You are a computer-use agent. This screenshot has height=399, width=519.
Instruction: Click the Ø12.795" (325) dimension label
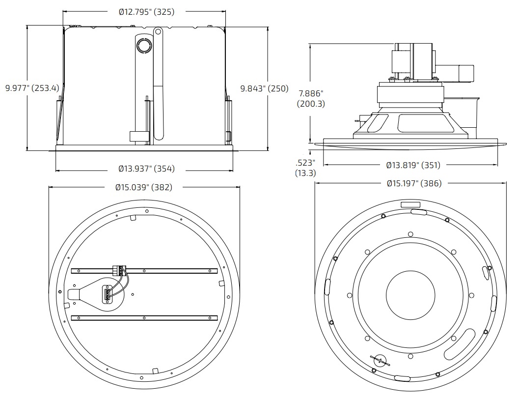tap(146, 12)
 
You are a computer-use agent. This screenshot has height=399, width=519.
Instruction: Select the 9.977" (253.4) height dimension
tap(32, 88)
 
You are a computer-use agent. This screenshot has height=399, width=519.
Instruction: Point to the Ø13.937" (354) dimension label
tap(146, 169)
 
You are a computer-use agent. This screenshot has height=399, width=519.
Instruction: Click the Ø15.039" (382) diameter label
tap(144, 187)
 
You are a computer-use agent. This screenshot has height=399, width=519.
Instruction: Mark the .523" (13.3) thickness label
tap(305, 168)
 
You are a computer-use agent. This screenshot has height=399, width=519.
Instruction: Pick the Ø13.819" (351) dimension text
tap(413, 165)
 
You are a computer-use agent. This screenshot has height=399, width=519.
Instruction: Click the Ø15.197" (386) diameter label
tap(413, 183)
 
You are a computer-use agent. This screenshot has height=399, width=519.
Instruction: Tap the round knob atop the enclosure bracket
tap(145, 46)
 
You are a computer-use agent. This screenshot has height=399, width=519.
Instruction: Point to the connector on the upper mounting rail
tap(119, 270)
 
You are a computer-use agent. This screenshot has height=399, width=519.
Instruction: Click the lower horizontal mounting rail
tap(144, 318)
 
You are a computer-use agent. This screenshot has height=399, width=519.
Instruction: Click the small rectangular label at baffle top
tap(410, 204)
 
